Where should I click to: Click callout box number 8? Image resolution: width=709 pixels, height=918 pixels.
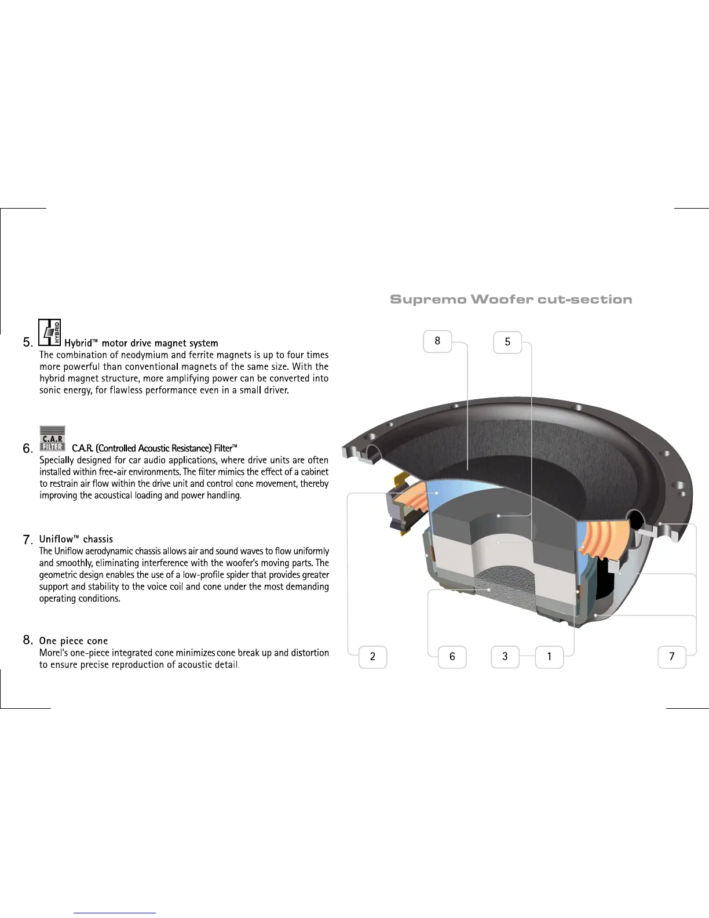(437, 341)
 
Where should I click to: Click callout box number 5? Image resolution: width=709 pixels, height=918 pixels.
(507, 342)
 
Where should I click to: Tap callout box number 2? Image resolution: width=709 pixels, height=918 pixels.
(372, 657)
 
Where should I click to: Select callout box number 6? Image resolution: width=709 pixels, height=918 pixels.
(452, 657)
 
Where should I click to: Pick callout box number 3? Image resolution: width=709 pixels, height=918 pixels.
(505, 656)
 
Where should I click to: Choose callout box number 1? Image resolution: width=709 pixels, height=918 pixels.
(549, 657)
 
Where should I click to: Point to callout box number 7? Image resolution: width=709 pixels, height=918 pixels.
(672, 657)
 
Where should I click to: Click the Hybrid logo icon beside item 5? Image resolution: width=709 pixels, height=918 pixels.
(50, 333)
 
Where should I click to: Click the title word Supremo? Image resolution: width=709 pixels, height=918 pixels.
(428, 300)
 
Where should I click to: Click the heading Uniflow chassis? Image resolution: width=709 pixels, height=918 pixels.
(76, 539)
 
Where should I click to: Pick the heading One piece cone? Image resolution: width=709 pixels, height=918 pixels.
(74, 641)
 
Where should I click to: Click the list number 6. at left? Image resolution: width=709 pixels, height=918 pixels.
(28, 449)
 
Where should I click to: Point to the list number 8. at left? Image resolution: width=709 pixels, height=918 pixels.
(28, 640)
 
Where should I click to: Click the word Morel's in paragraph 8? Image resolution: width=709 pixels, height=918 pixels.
(54, 653)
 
